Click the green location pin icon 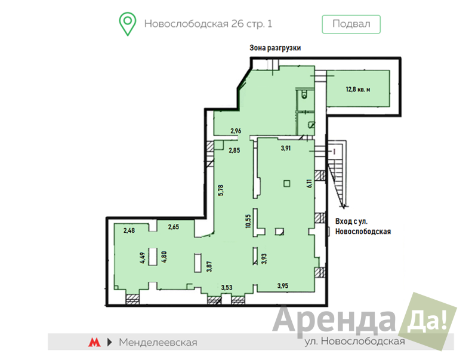tap(128, 24)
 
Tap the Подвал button tap(351, 24)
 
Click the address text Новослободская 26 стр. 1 tap(208, 24)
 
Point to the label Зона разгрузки tap(275, 48)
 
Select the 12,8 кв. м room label tap(358, 90)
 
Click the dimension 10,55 tap(248, 221)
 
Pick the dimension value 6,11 tap(310, 183)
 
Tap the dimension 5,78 tap(221, 190)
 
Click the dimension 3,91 tap(286, 148)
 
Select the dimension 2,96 tap(236, 131)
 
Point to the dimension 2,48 tap(129, 230)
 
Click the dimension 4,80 tap(164, 257)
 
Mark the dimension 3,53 tap(227, 287)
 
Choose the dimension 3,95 tap(283, 285)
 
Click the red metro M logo tap(94, 342)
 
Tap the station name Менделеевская tap(158, 342)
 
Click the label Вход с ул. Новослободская tap(363, 226)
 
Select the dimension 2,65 tap(174, 227)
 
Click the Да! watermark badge tap(427, 321)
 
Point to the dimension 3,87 tap(209, 267)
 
